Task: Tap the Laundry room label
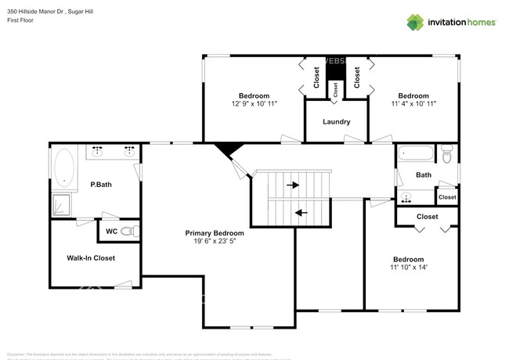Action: (337, 122)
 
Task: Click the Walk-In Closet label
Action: (91, 257)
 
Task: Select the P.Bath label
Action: (99, 185)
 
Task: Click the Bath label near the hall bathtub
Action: (424, 175)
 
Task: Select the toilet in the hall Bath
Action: (447, 154)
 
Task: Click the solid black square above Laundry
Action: (335, 70)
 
